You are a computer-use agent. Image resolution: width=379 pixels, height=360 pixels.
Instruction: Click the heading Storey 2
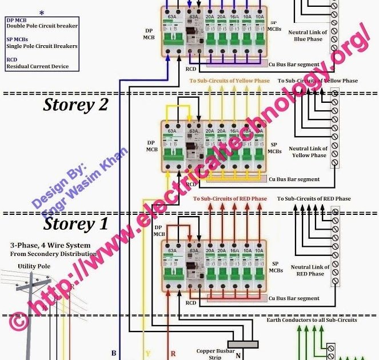pos(75,105)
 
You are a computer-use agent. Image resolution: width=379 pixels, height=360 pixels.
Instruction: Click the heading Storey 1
pos(75,224)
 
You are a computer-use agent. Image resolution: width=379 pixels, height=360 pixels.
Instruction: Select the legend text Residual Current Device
pos(37,66)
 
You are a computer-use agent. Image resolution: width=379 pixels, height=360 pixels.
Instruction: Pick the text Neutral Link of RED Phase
pos(310,270)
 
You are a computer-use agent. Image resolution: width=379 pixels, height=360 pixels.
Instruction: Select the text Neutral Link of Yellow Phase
pos(310,152)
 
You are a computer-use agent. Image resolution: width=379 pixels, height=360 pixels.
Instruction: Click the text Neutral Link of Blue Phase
pos(310,36)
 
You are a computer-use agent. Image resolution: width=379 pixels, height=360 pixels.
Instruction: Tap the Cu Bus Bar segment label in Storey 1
pos(293,298)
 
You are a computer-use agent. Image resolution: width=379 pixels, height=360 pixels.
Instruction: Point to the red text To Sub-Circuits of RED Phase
pos(230,199)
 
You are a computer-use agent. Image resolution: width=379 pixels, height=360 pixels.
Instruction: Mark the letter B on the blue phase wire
pos(114,354)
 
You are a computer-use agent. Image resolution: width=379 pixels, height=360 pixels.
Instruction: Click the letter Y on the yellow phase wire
pos(147,354)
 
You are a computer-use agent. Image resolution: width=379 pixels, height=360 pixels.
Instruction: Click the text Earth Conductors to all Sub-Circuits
pos(312,320)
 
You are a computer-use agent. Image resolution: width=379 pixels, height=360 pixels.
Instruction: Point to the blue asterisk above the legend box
pos(41,12)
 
